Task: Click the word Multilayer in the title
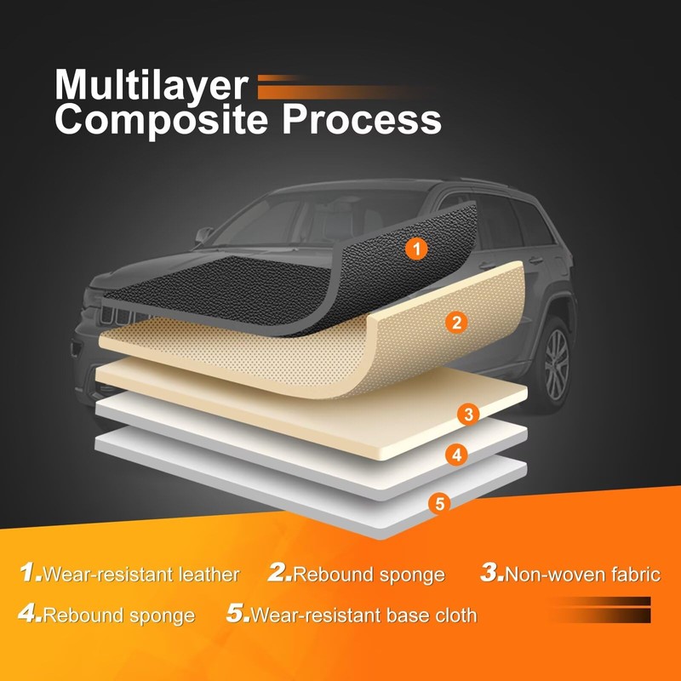click(x=151, y=85)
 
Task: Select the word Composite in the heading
click(x=163, y=121)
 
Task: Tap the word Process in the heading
click(x=362, y=121)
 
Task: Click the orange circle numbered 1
click(x=415, y=249)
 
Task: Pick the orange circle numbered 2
click(x=456, y=322)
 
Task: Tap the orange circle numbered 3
click(x=467, y=415)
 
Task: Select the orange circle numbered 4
click(x=457, y=455)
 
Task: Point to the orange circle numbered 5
click(x=439, y=503)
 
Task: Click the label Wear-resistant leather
click(x=140, y=575)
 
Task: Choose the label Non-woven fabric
click(x=582, y=575)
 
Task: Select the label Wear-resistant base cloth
click(x=363, y=615)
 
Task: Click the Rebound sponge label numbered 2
click(x=369, y=575)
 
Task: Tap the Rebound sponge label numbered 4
click(x=118, y=615)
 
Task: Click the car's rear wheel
click(x=556, y=359)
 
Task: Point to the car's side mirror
click(x=205, y=233)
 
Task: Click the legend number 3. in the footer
click(x=492, y=573)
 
